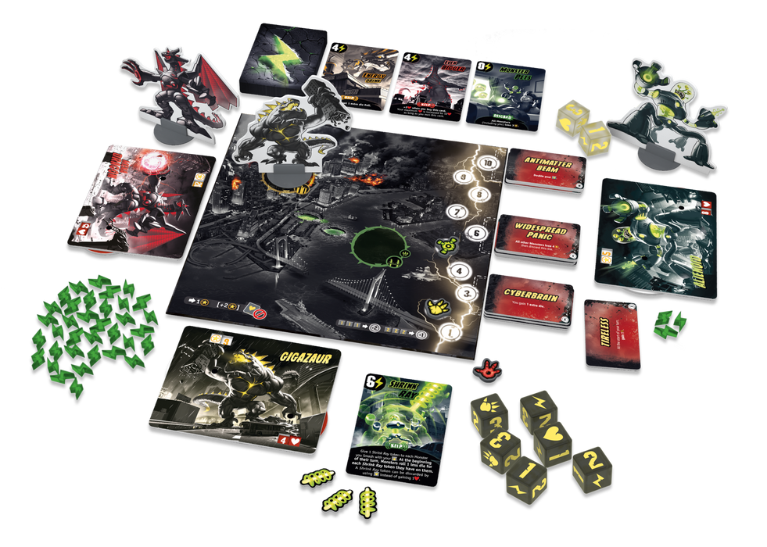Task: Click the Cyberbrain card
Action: pos(531,299)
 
